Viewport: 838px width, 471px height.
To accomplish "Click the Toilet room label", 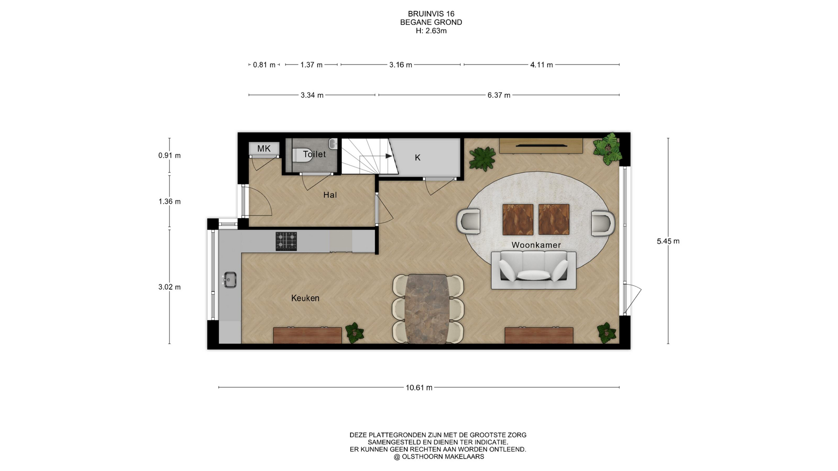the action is point(314,154).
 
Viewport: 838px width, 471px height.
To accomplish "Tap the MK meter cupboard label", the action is point(264,149).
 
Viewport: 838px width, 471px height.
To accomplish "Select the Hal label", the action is point(330,195).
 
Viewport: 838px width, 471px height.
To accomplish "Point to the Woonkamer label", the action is point(536,245).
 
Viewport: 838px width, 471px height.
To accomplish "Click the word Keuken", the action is point(305,298).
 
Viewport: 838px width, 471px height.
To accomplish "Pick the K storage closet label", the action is point(418,158).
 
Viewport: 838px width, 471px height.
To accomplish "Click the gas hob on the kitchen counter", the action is point(286,241).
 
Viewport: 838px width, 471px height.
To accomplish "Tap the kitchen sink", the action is point(230,280).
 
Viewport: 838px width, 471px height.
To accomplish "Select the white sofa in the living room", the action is point(533,270).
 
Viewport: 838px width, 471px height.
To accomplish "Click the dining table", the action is point(427,309).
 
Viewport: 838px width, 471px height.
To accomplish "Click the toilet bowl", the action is point(302,155).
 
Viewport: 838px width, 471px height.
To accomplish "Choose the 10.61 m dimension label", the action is point(419,388).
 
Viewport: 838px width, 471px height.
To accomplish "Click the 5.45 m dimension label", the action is point(668,241).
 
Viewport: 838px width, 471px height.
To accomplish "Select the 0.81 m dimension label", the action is point(264,65).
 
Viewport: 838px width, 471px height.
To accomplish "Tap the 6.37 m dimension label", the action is point(499,96).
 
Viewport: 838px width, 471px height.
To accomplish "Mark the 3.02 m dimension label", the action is point(169,287).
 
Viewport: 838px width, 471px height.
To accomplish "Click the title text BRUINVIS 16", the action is point(431,14).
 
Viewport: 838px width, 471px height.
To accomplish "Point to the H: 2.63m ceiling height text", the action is point(431,31).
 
